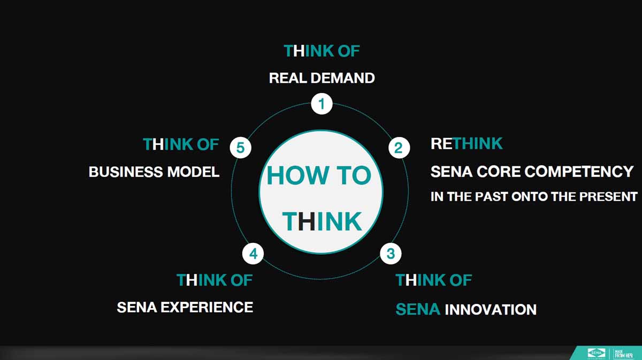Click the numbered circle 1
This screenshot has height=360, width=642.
tap(322, 104)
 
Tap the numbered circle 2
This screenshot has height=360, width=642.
tap(399, 148)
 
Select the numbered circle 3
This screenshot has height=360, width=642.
tap(391, 254)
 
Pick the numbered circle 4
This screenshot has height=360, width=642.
tap(253, 254)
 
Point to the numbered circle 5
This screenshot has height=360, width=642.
tap(240, 148)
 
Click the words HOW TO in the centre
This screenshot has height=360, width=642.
tap(319, 175)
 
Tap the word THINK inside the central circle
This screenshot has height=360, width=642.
tap(322, 221)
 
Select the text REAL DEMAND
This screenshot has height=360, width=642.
tap(322, 78)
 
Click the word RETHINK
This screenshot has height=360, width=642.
tap(467, 143)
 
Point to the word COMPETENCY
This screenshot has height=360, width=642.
tap(579, 172)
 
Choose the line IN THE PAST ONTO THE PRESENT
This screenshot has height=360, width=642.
tap(534, 197)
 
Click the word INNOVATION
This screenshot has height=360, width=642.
tap(491, 310)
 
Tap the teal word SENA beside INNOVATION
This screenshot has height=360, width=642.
tap(418, 310)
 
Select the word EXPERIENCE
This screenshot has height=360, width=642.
tap(207, 307)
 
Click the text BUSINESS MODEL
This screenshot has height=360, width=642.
tap(154, 172)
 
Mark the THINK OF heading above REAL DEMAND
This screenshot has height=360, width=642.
tap(322, 51)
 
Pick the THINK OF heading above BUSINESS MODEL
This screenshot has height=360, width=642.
tap(181, 144)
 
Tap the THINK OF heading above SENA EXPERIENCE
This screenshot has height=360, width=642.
tap(215, 280)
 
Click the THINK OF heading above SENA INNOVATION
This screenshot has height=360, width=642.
tap(434, 280)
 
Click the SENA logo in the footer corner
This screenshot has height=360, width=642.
tap(596, 353)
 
